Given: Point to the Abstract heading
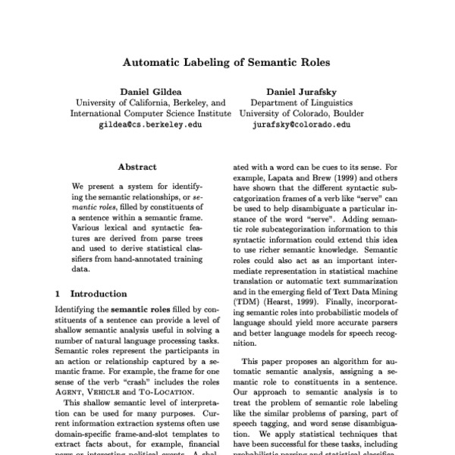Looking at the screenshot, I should click(x=137, y=167).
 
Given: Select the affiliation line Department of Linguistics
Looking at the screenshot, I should click(x=302, y=102).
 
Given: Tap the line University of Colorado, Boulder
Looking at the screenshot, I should click(x=302, y=114).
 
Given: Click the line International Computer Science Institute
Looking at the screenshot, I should click(x=150, y=114).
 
